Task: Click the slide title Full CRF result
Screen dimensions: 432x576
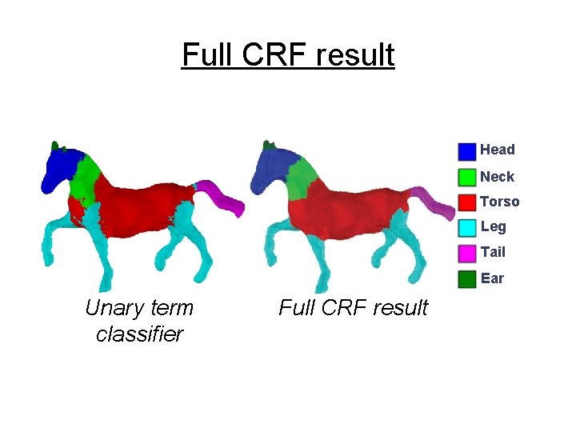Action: click(x=288, y=55)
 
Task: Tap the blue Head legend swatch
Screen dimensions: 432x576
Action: click(x=467, y=151)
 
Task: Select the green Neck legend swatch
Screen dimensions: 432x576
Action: click(x=467, y=177)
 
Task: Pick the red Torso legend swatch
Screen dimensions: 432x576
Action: click(x=467, y=202)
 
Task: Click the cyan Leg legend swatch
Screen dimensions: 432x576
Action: click(x=467, y=228)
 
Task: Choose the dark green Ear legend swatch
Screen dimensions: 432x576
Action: click(x=467, y=279)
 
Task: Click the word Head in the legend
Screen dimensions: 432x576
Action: click(x=498, y=150)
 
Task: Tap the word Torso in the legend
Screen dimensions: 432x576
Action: click(x=500, y=202)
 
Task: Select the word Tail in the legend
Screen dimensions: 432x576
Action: click(x=493, y=252)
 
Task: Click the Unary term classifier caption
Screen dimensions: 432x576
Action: click(x=139, y=321)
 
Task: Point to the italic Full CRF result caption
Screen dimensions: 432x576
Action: click(x=353, y=308)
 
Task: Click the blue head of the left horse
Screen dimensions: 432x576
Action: click(x=60, y=170)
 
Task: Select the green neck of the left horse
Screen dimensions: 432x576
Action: click(x=86, y=178)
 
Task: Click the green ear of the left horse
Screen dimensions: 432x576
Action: click(x=55, y=146)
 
